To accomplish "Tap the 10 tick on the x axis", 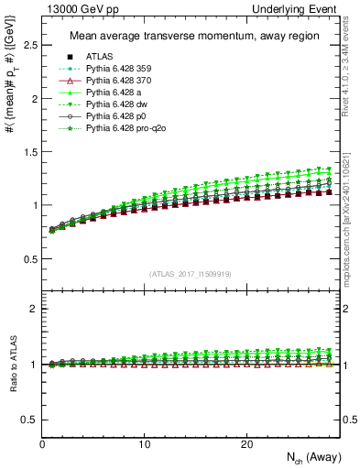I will coord(144,444).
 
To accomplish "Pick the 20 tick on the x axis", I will coord(245,444).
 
